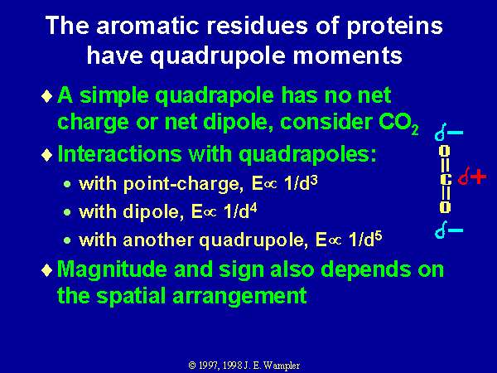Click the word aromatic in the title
[x=147, y=26]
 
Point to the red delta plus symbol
[x=472, y=177]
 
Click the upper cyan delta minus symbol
[x=448, y=132]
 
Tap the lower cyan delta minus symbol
[x=448, y=230]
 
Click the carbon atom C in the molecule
[x=446, y=180]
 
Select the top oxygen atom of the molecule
[x=445, y=151]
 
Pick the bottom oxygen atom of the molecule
[x=445, y=206]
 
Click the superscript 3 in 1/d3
[x=314, y=180]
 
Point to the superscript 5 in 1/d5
[x=379, y=236]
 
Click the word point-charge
[x=184, y=184]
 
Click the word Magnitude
[x=112, y=270]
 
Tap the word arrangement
[x=239, y=297]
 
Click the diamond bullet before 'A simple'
[x=47, y=96]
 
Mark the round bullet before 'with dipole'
[x=67, y=212]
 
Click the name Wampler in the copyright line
[x=282, y=366]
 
